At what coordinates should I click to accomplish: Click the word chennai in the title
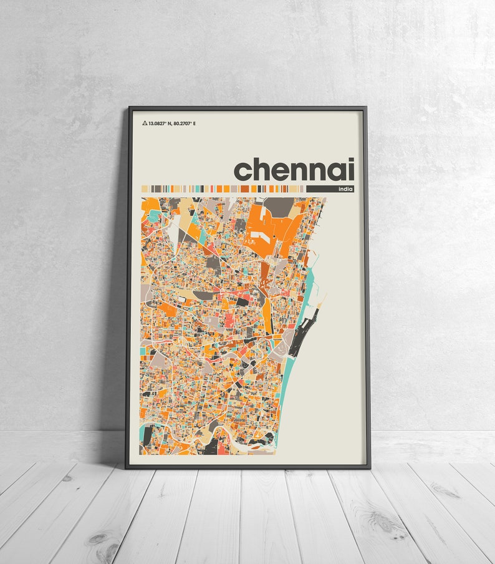294,169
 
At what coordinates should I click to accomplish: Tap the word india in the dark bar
344,188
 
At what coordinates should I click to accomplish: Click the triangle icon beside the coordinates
145,124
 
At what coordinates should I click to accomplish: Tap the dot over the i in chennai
351,160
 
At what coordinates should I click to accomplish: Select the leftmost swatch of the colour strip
145,188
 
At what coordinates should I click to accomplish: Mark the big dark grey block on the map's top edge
279,205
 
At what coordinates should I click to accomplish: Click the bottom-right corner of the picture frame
369,467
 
